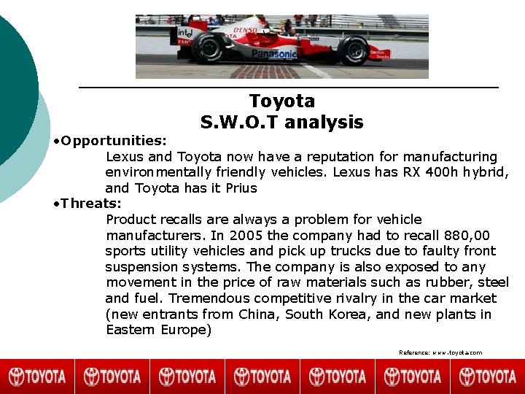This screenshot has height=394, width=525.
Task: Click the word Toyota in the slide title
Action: tap(281, 101)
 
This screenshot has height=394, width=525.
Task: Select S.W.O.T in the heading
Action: tap(240, 123)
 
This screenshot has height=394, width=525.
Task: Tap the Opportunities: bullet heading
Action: tap(114, 139)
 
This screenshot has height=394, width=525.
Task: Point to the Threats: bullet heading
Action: tap(91, 203)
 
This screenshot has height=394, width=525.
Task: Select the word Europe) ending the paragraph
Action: tap(185, 330)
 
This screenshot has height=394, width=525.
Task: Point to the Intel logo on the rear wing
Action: tap(185, 33)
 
